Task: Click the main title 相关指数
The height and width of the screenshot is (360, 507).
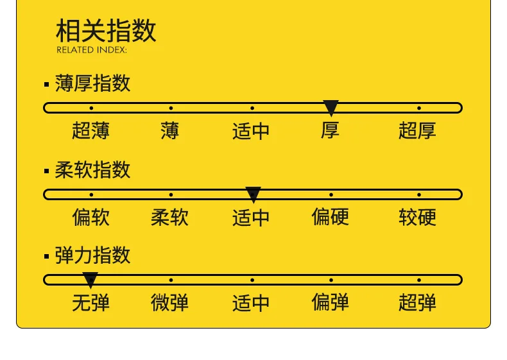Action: (106, 30)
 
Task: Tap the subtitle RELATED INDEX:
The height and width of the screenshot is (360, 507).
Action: (92, 50)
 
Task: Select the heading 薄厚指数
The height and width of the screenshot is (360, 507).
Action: (92, 83)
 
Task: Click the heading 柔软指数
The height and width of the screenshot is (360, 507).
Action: (92, 170)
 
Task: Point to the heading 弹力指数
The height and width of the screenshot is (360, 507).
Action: (92, 255)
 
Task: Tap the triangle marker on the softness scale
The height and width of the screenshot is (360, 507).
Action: (253, 194)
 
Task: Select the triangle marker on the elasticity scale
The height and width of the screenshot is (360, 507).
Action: (90, 280)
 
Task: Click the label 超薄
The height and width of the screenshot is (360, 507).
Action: (90, 131)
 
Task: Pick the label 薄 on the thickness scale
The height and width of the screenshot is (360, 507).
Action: (170, 131)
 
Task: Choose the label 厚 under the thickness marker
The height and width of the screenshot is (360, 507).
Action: (331, 131)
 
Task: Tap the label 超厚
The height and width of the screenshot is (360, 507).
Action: (417, 131)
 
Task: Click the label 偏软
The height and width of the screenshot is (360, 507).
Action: (90, 217)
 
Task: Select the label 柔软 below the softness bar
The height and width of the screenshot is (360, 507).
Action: (170, 217)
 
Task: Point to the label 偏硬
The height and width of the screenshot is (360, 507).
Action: (331, 217)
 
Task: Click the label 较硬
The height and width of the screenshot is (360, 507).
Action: (417, 217)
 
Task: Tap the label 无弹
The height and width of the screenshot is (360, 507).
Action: (90, 302)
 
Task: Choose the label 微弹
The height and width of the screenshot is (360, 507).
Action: (170, 302)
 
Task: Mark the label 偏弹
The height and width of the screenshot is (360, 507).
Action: (331, 302)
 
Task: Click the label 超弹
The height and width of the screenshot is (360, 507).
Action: (417, 302)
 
